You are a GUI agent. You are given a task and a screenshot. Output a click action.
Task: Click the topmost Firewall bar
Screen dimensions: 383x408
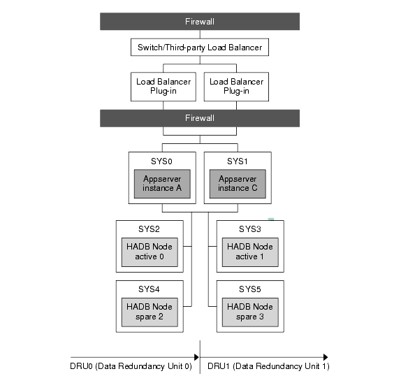coord(199,21)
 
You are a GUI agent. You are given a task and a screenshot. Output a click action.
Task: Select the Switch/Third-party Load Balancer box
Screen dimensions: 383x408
coord(200,48)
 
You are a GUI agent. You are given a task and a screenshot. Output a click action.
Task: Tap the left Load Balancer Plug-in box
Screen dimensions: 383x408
coord(163,86)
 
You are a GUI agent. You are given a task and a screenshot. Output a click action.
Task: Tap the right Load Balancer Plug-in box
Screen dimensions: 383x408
coord(237,86)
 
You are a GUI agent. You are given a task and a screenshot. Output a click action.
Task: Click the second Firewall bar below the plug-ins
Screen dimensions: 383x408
coord(199,118)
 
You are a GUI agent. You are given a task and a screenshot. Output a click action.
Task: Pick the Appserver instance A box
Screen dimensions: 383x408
coord(162,184)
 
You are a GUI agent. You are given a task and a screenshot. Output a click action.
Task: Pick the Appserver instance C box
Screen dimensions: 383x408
coord(238,184)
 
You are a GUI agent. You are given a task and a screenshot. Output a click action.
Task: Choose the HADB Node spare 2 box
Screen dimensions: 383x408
coord(150,312)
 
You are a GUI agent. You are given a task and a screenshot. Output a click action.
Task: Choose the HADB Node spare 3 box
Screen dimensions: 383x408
coord(249,312)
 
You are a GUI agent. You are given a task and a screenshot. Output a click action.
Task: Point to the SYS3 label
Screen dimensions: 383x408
coord(249,229)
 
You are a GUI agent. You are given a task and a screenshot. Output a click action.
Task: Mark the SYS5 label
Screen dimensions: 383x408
coord(249,289)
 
